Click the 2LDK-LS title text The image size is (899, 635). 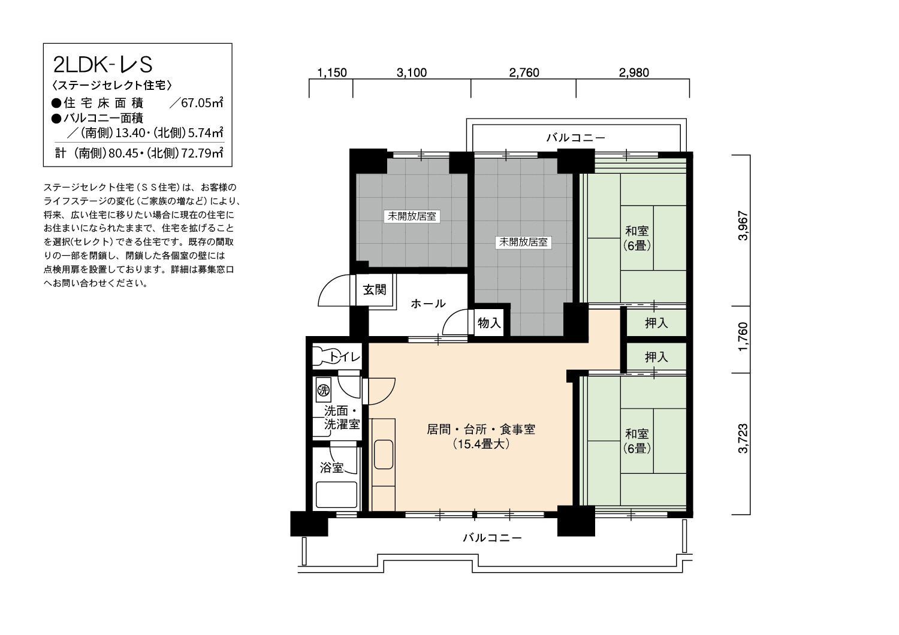pyautogui.click(x=102, y=65)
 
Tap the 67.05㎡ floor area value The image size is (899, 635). pyautogui.click(x=202, y=102)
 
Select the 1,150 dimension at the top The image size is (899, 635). pyautogui.click(x=332, y=72)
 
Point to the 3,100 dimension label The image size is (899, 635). pyautogui.click(x=411, y=72)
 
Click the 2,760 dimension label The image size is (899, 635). pyautogui.click(x=524, y=72)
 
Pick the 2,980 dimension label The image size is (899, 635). pyautogui.click(x=633, y=72)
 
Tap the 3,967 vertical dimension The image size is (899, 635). pyautogui.click(x=743, y=226)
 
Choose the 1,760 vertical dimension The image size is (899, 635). pyautogui.click(x=743, y=337)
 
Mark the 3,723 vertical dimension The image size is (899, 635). pyautogui.click(x=743, y=439)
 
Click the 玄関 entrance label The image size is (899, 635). pyautogui.click(x=375, y=289)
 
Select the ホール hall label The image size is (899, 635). pyautogui.click(x=428, y=304)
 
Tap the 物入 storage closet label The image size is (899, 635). pyautogui.click(x=489, y=322)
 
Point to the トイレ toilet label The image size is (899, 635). pyautogui.click(x=345, y=356)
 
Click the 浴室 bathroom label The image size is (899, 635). pyautogui.click(x=332, y=468)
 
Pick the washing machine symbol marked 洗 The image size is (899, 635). pyautogui.click(x=323, y=390)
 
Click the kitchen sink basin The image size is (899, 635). pyautogui.click(x=384, y=454)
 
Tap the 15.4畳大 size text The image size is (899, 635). pyautogui.click(x=481, y=444)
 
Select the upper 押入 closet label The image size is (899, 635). pyautogui.click(x=656, y=323)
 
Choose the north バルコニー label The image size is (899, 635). pyautogui.click(x=575, y=138)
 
